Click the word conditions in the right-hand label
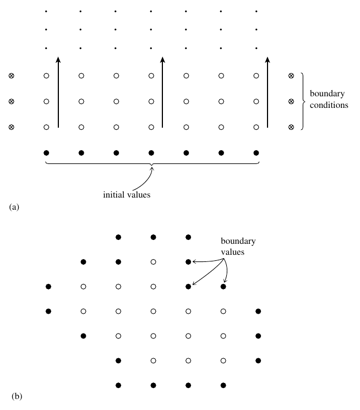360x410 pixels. pyautogui.click(x=329, y=105)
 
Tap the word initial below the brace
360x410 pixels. pyautogui.click(x=114, y=194)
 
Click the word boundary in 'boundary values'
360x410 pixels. pyautogui.click(x=238, y=242)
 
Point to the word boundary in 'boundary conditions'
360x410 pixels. pyautogui.click(x=327, y=94)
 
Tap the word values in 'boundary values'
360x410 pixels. pyautogui.click(x=233, y=253)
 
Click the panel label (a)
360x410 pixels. pyautogui.click(x=14, y=207)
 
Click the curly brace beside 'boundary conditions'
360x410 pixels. pyautogui.click(x=302, y=101)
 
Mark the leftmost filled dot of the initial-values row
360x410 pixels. pyautogui.click(x=46, y=152)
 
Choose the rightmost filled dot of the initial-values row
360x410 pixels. pyautogui.click(x=256, y=152)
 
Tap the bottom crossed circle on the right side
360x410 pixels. pyautogui.click(x=291, y=127)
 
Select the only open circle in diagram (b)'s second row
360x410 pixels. pyautogui.click(x=153, y=262)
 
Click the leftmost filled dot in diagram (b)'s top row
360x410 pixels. pyautogui.click(x=118, y=237)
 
